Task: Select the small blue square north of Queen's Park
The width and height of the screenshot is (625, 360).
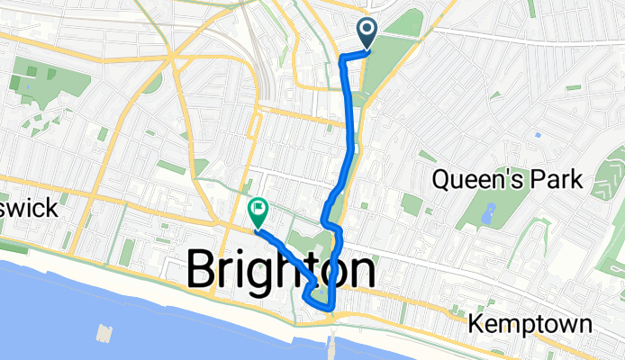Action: tap(538, 135)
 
